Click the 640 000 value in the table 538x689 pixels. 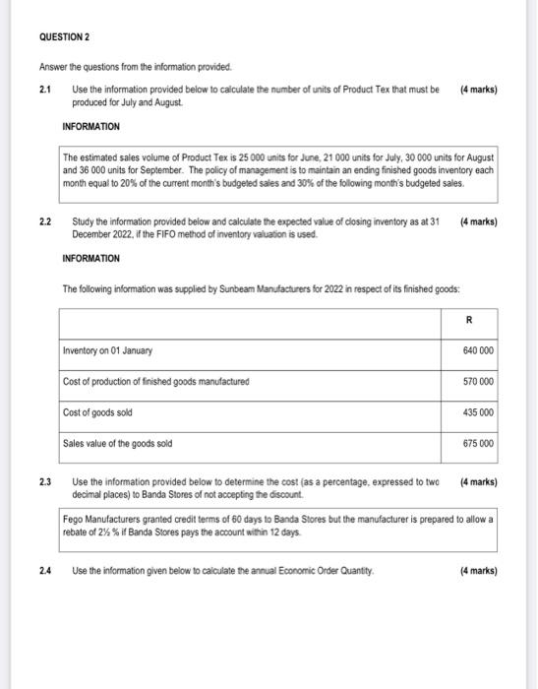click(x=477, y=351)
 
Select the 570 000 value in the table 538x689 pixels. click(x=477, y=382)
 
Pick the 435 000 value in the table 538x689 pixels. click(x=477, y=412)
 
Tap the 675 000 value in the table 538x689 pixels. click(x=477, y=444)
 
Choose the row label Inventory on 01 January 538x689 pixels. click(x=107, y=351)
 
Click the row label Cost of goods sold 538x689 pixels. click(x=98, y=412)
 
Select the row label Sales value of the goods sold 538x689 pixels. click(x=117, y=444)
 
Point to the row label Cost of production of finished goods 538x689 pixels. click(x=155, y=382)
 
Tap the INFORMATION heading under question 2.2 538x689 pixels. click(x=90, y=259)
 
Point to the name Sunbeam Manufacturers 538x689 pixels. click(x=249, y=288)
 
